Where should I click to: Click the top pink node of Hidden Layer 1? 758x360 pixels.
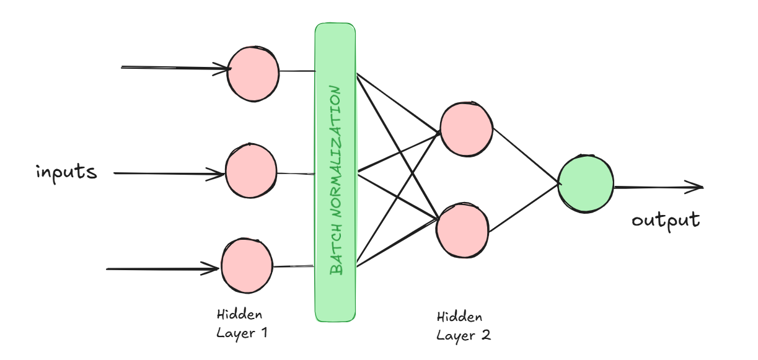click(253, 72)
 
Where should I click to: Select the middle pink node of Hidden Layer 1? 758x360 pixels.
click(251, 171)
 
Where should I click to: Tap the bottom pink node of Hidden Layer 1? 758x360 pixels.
click(247, 267)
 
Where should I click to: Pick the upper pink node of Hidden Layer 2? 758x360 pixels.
click(466, 129)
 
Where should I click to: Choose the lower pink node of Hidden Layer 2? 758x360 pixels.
click(462, 230)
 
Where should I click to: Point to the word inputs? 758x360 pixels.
click(66, 171)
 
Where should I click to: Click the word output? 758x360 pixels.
click(666, 221)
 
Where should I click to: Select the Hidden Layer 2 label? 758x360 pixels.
click(464, 327)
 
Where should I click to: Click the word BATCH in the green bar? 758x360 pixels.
click(335, 253)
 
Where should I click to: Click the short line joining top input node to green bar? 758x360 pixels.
click(297, 71)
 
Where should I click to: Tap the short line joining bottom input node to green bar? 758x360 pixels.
click(293, 266)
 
